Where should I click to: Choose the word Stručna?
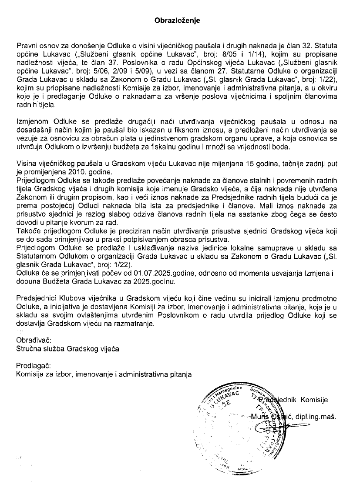(28, 348)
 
